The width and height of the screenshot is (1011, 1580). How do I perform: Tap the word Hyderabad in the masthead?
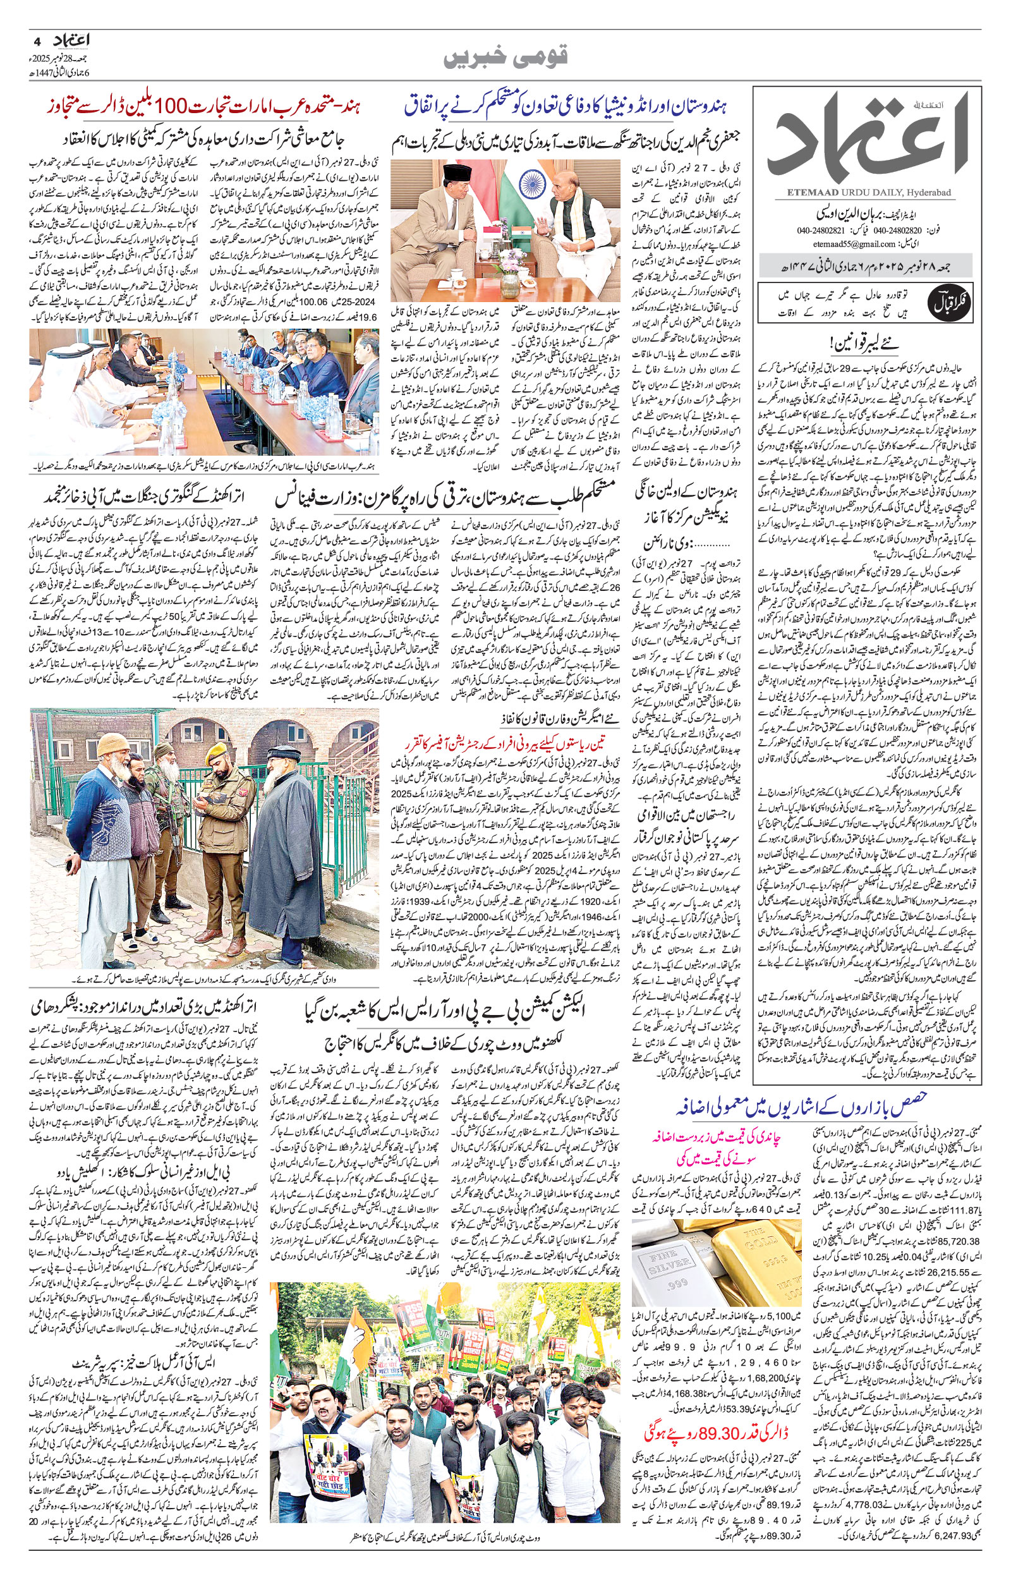(931, 191)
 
